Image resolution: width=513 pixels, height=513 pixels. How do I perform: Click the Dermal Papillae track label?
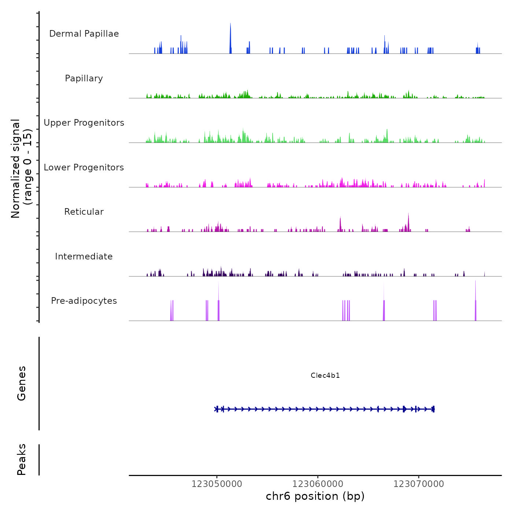click(x=84, y=34)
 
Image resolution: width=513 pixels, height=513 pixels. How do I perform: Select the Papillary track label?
click(x=84, y=78)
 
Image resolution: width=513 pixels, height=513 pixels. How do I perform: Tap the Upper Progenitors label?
click(x=84, y=123)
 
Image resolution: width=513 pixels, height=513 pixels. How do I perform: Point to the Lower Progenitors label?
click(x=84, y=167)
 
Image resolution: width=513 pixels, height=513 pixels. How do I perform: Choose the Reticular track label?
click(x=84, y=212)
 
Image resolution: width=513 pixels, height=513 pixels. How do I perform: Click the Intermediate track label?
click(x=84, y=256)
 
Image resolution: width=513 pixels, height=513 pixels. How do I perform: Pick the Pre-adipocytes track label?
click(x=84, y=301)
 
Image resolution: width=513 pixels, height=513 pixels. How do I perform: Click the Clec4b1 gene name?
click(x=325, y=375)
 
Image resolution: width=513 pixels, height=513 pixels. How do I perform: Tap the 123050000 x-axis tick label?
click(x=217, y=484)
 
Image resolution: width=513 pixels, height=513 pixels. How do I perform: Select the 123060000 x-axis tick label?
click(x=318, y=484)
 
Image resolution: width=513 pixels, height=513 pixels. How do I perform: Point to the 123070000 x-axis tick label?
click(x=418, y=484)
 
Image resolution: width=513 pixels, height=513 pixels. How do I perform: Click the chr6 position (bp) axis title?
click(x=315, y=496)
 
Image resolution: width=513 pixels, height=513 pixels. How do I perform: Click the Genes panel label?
click(x=22, y=383)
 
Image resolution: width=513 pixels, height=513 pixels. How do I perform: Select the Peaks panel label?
click(x=22, y=460)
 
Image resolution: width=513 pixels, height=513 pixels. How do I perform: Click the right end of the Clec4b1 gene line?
click(x=434, y=409)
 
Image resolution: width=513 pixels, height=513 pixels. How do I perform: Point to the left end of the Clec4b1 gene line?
click(x=215, y=409)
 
